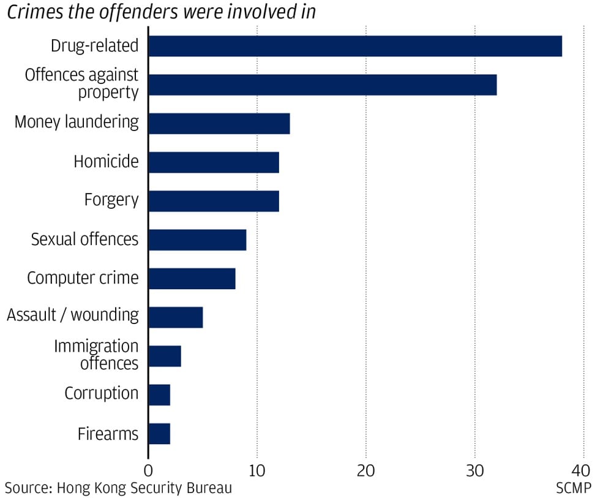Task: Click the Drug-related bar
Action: [x=355, y=46]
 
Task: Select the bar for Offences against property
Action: [x=323, y=85]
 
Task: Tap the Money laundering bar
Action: [x=219, y=123]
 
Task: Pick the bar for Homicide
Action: [x=214, y=162]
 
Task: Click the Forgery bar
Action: [x=214, y=201]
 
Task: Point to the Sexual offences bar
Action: [x=197, y=240]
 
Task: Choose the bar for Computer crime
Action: [x=192, y=278]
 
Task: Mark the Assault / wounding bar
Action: [x=176, y=317]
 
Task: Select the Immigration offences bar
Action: [x=165, y=356]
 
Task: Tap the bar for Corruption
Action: [x=159, y=394]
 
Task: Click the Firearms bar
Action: [x=159, y=434]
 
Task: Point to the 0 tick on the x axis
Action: [x=148, y=471]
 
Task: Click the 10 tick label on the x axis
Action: [x=257, y=471]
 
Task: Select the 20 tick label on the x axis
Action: [x=366, y=471]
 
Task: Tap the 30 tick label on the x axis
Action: [x=475, y=471]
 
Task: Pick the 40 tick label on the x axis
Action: [x=582, y=471]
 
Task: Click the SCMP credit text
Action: [x=574, y=488]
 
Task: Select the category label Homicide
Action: [x=106, y=162]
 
